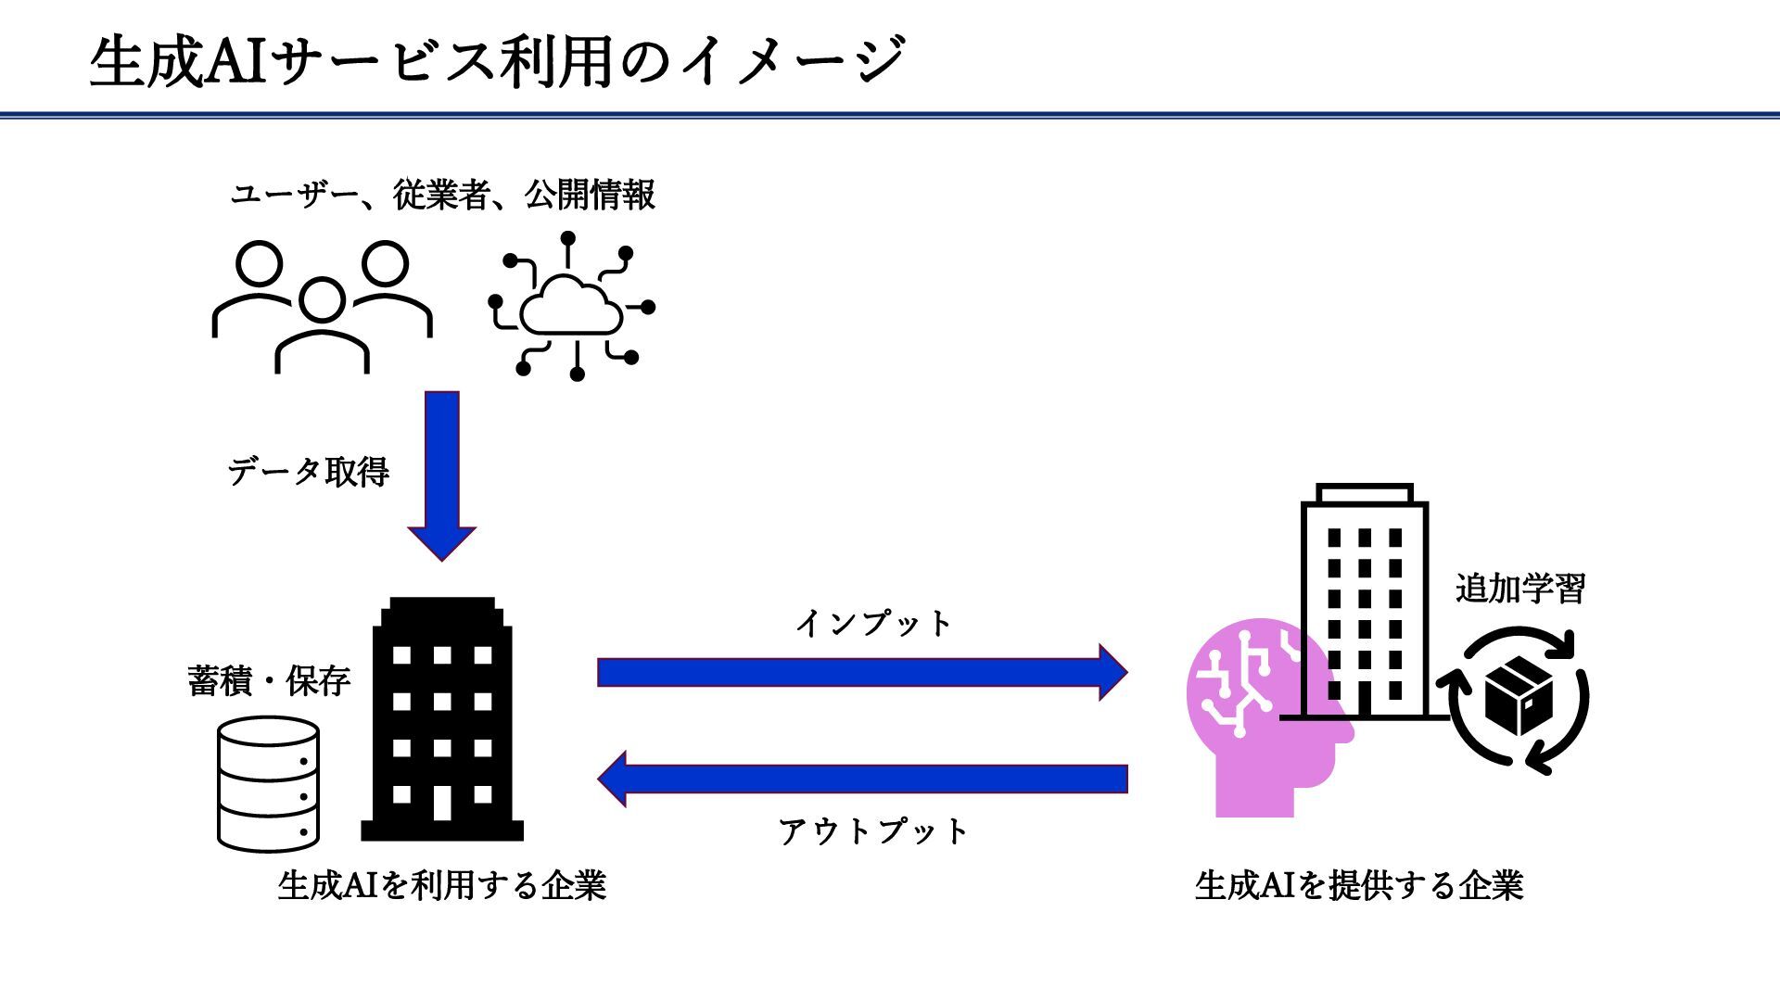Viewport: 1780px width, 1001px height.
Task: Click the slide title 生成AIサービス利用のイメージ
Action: pos(497,61)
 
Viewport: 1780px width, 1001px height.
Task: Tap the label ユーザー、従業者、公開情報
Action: pos(443,195)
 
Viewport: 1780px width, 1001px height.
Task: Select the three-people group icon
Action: pos(322,307)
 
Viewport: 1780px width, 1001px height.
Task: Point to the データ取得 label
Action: pos(309,472)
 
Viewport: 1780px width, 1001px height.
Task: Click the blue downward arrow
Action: pos(442,474)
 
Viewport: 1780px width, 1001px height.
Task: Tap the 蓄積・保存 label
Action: pos(269,681)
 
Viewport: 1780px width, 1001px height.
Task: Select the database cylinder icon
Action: pos(269,784)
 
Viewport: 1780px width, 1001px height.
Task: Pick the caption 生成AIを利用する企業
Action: pos(442,885)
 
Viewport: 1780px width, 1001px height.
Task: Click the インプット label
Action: pos(874,623)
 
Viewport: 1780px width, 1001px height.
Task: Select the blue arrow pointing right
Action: pos(862,672)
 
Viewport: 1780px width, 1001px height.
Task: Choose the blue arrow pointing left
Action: pos(862,779)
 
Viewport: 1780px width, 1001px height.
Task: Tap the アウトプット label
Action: pos(874,830)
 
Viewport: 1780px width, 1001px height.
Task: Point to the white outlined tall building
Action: pos(1365,602)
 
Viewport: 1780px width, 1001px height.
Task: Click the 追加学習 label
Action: pos(1520,589)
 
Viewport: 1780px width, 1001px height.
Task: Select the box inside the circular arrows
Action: pos(1519,695)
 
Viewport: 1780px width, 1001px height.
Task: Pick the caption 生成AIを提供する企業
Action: pos(1359,885)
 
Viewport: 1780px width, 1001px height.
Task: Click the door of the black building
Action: pos(442,803)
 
